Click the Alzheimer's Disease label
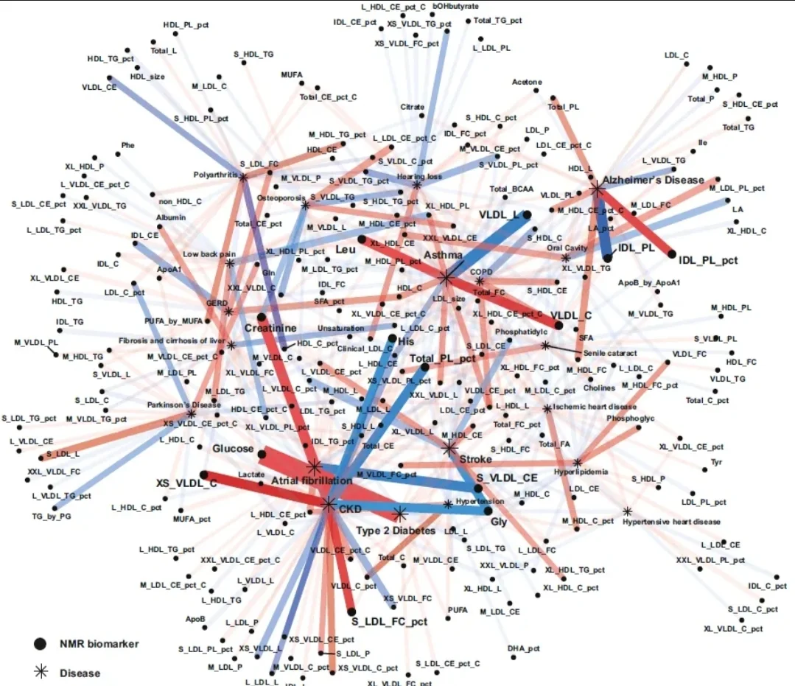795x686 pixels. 653,180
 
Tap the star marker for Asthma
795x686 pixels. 446,278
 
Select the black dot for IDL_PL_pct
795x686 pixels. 672,254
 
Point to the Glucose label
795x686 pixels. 234,449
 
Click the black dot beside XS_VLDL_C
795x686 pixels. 204,475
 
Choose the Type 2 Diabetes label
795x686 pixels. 396,531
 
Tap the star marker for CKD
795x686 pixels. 328,505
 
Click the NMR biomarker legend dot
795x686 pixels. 40,644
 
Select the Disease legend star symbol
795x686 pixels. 40,672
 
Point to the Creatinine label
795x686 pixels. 270,328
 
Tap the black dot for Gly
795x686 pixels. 488,510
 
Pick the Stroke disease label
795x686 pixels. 475,459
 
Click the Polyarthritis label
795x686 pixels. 215,175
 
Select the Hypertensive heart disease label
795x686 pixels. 671,522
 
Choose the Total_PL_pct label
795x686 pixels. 442,359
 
